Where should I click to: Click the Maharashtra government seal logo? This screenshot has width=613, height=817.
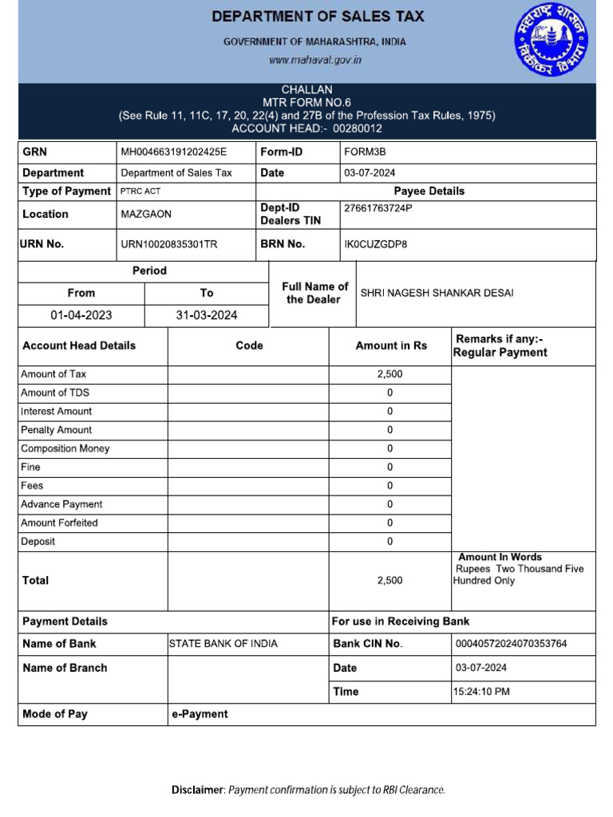(x=553, y=40)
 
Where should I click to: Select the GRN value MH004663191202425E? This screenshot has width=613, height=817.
(x=173, y=152)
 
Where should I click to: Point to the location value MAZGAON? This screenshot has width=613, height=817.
(x=146, y=215)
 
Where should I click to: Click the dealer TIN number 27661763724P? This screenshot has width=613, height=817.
(x=378, y=208)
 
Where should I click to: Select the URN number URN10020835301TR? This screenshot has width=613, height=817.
(x=168, y=245)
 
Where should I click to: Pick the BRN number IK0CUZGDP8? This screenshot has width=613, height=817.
(x=375, y=245)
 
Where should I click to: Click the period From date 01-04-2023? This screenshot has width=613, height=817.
(x=81, y=315)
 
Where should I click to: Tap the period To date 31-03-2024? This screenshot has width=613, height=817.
(x=207, y=315)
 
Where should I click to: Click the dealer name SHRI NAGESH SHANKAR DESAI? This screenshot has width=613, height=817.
(x=437, y=293)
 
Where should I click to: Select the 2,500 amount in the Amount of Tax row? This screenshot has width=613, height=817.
(x=390, y=374)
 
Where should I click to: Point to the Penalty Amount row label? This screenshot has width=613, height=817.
(x=56, y=430)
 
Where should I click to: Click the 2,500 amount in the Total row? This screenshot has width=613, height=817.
(x=390, y=581)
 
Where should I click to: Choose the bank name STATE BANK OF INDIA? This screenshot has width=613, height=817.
(x=223, y=644)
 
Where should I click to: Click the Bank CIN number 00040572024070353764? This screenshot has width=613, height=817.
(x=511, y=644)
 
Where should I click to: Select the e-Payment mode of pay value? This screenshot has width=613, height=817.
(x=200, y=714)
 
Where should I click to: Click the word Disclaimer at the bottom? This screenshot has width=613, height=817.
(x=198, y=790)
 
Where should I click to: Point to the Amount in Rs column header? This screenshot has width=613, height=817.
(x=390, y=345)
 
